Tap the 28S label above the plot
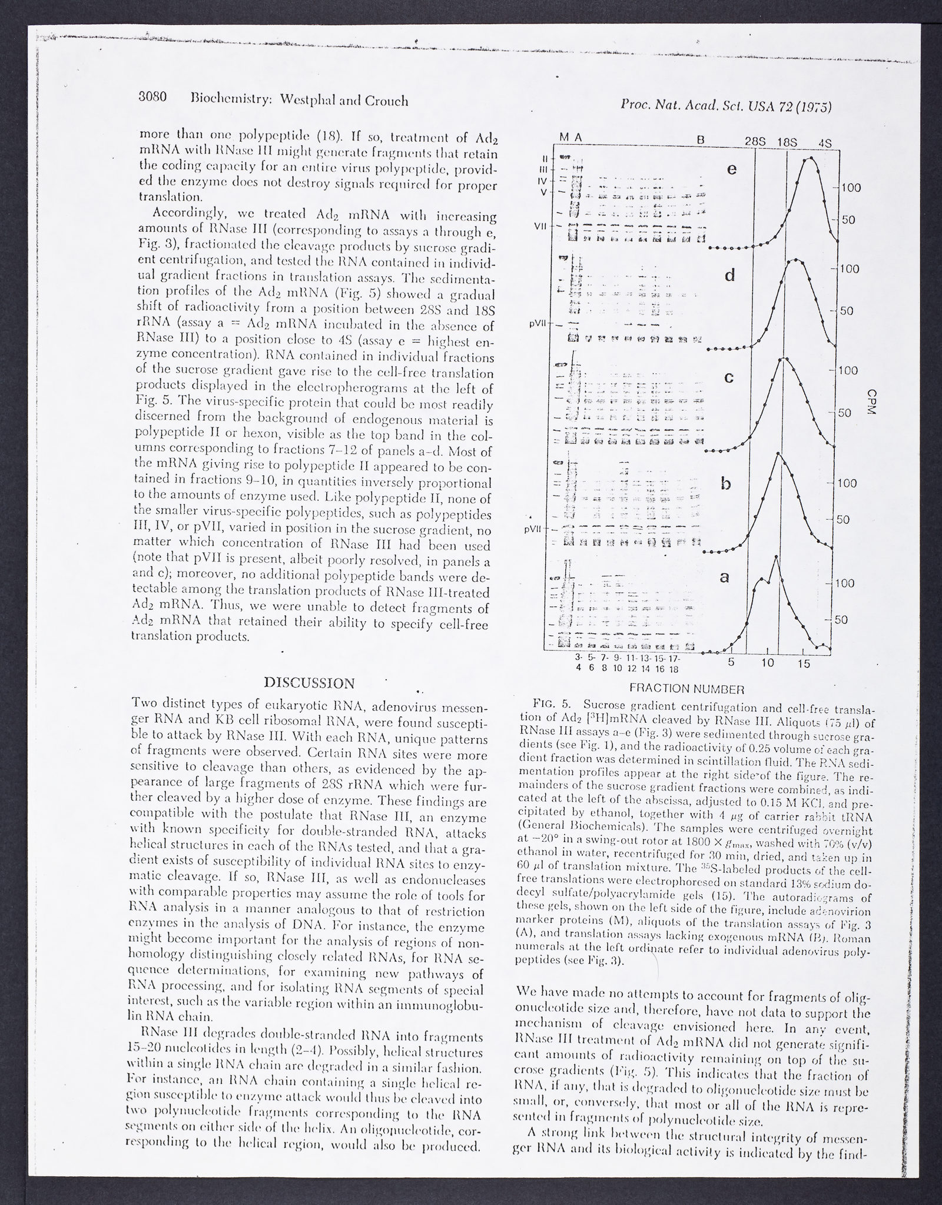755,141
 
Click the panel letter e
732,170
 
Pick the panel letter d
730,275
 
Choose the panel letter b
727,484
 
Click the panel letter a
725,578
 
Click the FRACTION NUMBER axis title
688,688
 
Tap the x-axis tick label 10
767,663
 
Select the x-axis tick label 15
804,663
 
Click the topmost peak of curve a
775,557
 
